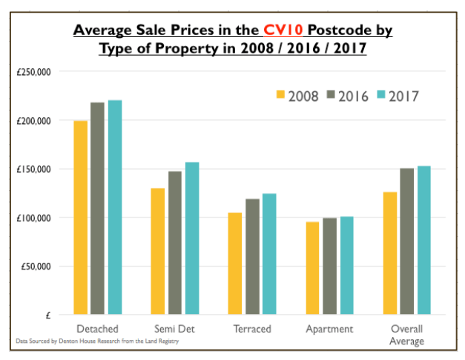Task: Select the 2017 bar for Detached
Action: tap(115, 207)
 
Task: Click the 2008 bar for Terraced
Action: tap(235, 264)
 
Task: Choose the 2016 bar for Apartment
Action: tap(330, 266)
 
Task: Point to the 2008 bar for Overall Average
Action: tap(389, 253)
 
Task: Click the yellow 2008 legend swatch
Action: tap(280, 96)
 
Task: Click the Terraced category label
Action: tap(251, 329)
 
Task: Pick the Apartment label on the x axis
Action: tap(329, 329)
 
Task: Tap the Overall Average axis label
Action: tap(406, 335)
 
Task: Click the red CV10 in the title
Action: tap(277, 30)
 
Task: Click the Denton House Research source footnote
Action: tap(97, 341)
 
